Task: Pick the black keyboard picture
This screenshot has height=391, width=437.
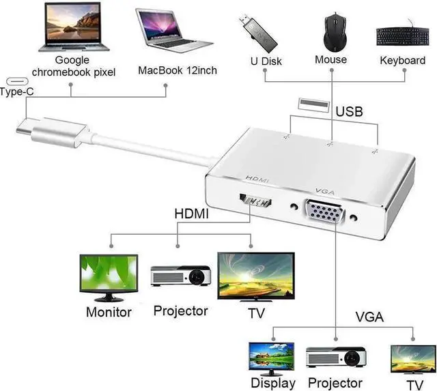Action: point(402,36)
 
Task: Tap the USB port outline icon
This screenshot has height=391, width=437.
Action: point(309,104)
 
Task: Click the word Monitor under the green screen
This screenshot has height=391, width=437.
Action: point(109,313)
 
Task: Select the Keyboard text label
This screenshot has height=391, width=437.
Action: point(403,61)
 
